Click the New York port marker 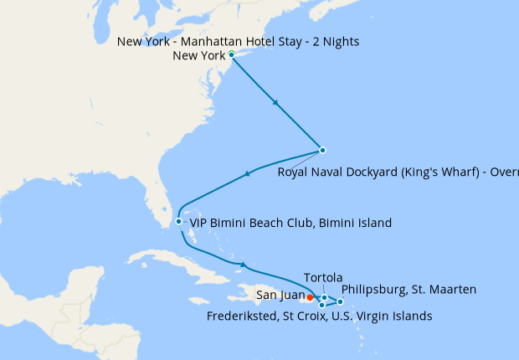click(231, 54)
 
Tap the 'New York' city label click(198, 56)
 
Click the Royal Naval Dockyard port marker click(322, 151)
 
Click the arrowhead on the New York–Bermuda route click(276, 103)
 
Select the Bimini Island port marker click(178, 222)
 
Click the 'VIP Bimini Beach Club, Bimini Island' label click(290, 224)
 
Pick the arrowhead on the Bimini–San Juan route click(243, 266)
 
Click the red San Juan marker click(310, 296)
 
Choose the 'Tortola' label click(324, 277)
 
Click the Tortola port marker click(325, 297)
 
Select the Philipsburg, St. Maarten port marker click(340, 301)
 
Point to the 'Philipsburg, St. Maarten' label click(409, 290)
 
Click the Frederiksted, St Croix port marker click(321, 305)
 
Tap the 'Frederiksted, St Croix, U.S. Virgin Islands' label click(319, 316)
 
